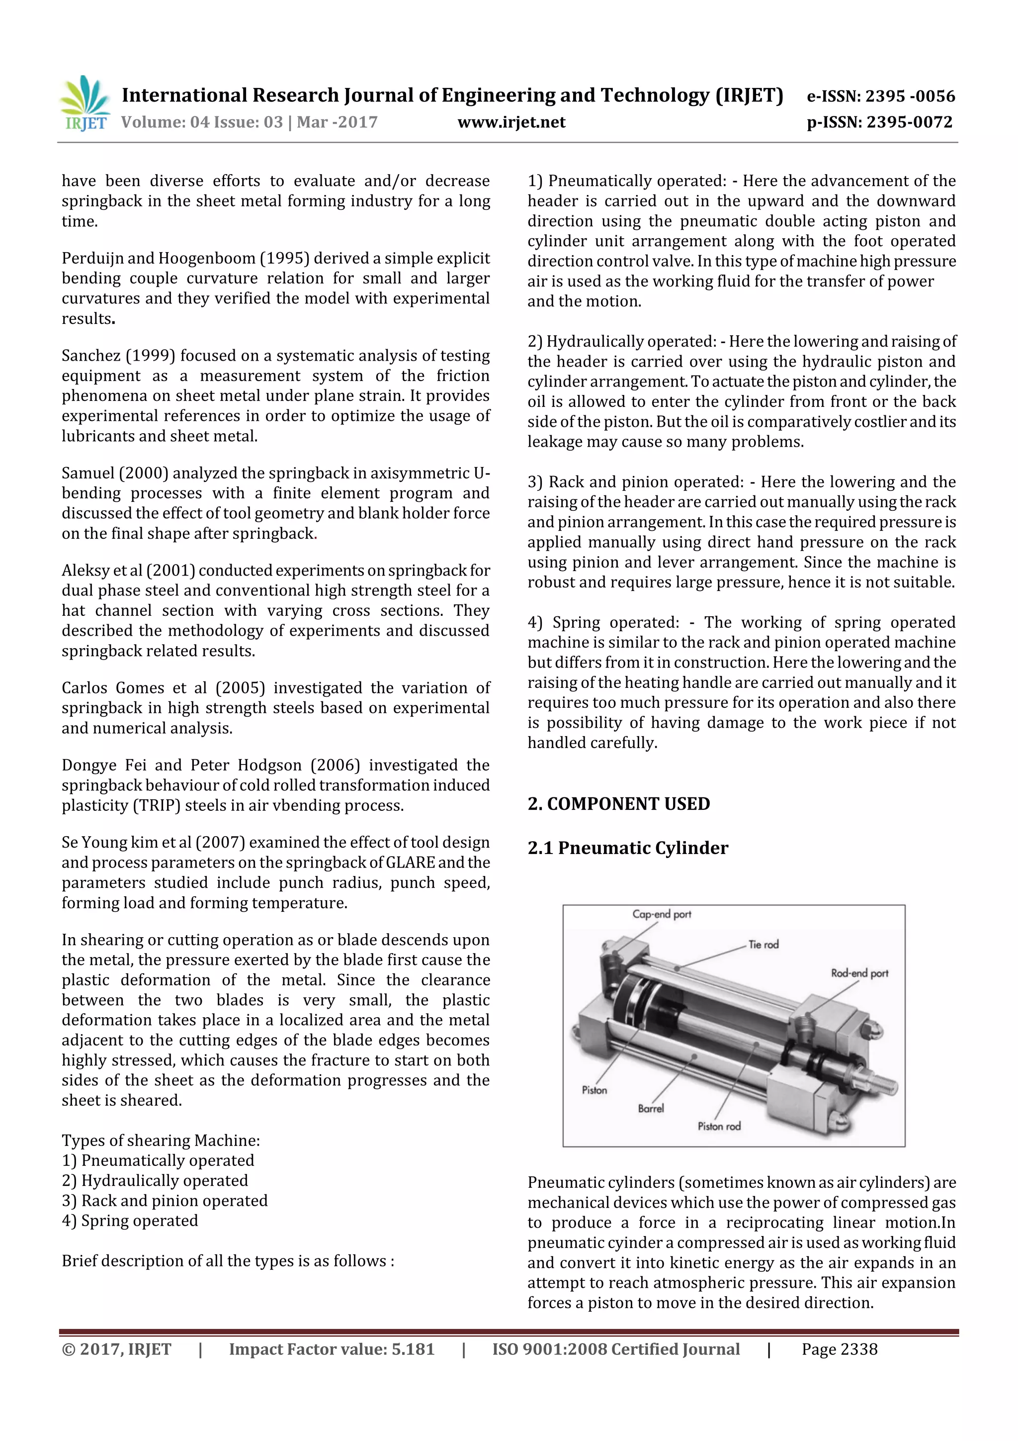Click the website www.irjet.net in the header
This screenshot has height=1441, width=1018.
(x=511, y=122)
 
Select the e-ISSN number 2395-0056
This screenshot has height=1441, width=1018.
(x=910, y=96)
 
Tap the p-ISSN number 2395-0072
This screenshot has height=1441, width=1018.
(x=910, y=122)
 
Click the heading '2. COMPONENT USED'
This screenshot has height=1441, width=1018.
(x=618, y=804)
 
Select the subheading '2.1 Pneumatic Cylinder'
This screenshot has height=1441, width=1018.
(x=628, y=848)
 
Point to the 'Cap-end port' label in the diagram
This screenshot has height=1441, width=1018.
(x=661, y=914)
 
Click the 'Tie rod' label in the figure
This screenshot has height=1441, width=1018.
(x=763, y=945)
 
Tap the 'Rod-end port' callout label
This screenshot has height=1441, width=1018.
(x=859, y=973)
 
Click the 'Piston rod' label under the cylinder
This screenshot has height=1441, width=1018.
(x=719, y=1127)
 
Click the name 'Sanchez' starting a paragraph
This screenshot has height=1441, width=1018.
(x=91, y=356)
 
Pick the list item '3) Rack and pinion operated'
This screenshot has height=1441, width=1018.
(x=165, y=1201)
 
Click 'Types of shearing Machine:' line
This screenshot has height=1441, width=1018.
(x=161, y=1141)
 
